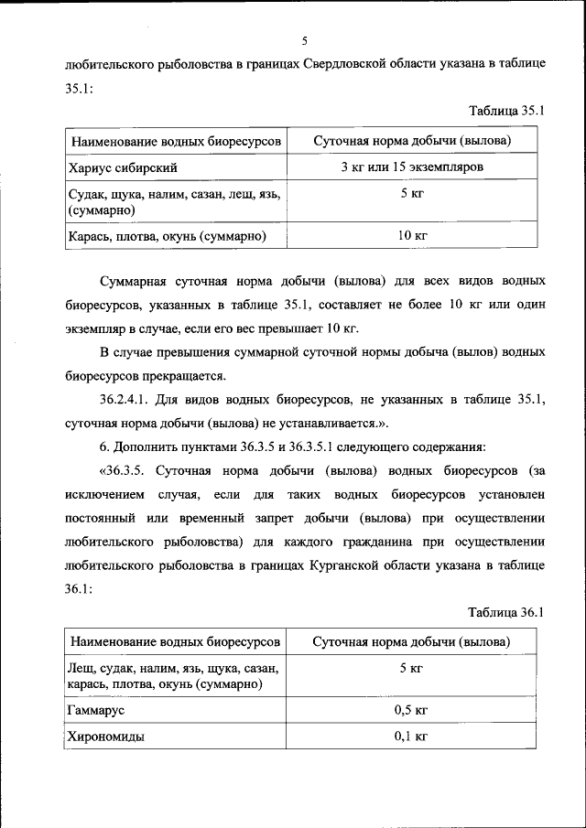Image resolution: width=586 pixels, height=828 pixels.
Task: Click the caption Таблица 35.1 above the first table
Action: tap(506, 111)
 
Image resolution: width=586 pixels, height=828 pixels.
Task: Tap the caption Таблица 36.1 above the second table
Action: tap(506, 612)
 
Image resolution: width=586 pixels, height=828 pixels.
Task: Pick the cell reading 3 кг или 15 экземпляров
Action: tap(411, 167)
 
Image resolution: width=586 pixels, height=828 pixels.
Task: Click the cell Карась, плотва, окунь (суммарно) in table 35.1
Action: tap(167, 236)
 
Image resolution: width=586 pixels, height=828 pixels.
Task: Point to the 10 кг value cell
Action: tap(412, 236)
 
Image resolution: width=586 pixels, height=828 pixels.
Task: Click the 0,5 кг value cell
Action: tap(411, 709)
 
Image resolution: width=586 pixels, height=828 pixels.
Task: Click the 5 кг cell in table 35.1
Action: tap(411, 194)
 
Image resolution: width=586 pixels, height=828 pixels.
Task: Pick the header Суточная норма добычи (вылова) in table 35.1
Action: tap(411, 141)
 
